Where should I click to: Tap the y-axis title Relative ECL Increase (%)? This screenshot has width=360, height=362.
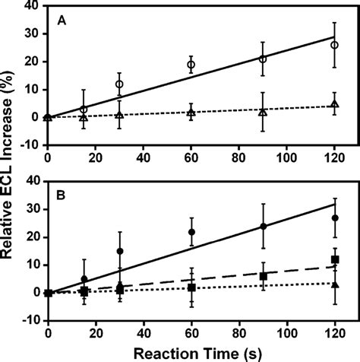click(11, 171)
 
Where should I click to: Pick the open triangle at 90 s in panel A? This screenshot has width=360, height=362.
click(263, 112)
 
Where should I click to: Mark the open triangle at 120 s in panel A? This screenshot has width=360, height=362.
click(334, 104)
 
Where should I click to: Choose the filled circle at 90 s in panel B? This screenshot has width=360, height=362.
click(263, 226)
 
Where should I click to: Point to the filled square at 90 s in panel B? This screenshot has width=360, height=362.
click(263, 276)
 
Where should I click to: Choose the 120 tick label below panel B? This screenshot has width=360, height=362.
click(334, 332)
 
